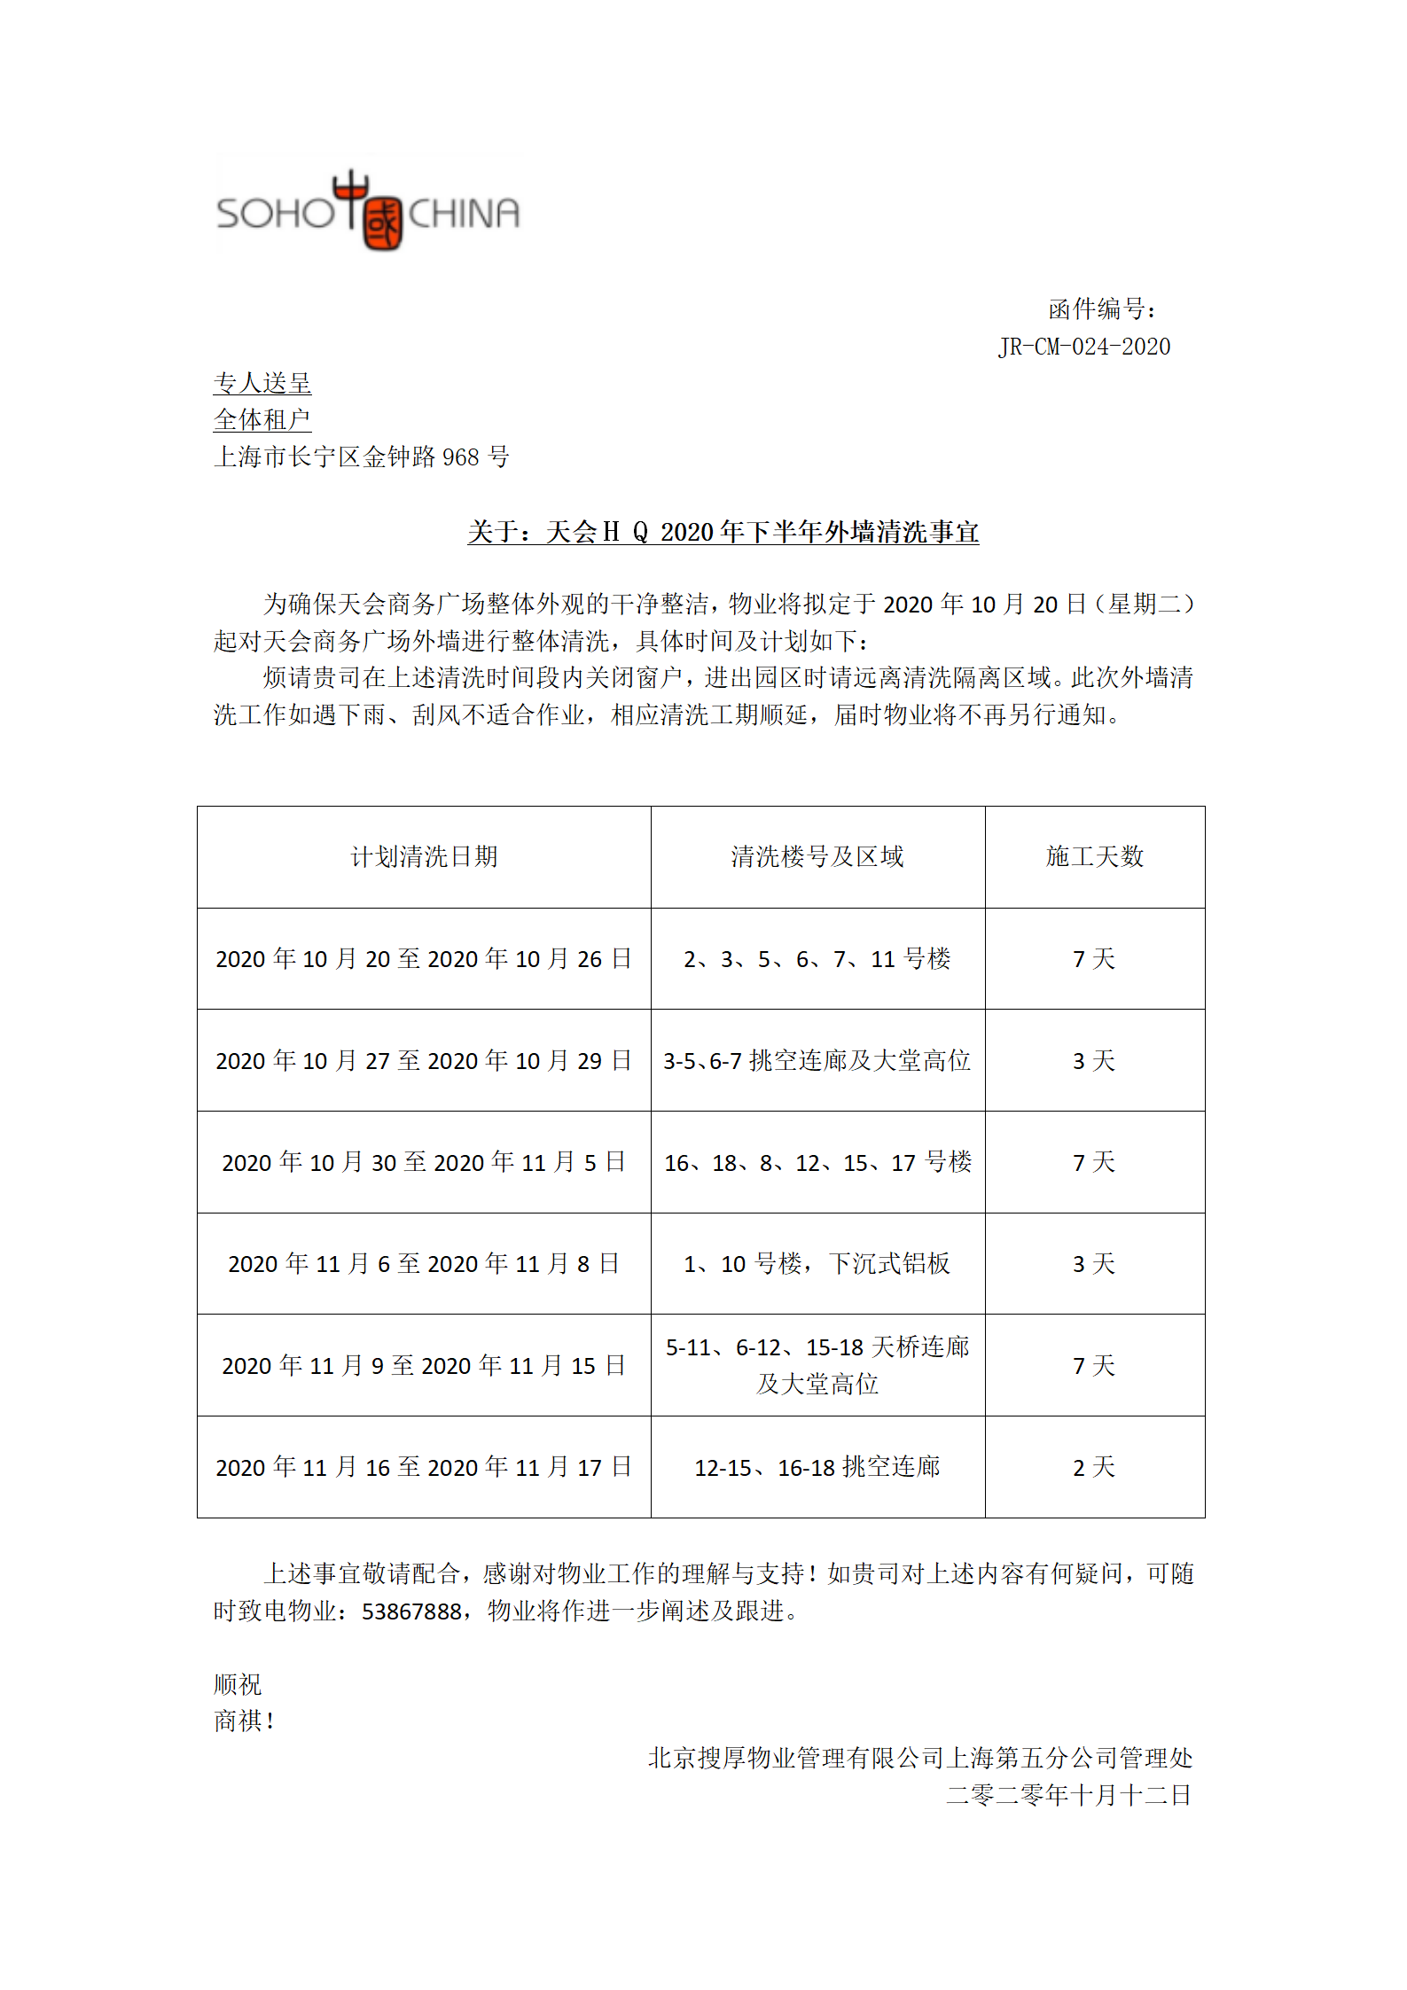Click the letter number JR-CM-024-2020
pos(1083,347)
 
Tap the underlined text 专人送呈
pos(262,383)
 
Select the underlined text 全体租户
pos(262,419)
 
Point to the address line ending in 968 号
pos(361,457)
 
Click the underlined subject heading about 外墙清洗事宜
pos(723,532)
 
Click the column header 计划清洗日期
pos(424,856)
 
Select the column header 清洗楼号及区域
pos(817,856)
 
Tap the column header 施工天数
pos(1094,856)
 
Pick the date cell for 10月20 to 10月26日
pos(424,958)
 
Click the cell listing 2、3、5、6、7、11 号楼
pos(817,958)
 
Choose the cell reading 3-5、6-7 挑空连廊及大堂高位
pos(817,1060)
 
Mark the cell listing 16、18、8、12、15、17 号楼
pos(817,1162)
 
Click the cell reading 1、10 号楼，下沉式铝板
pos(817,1263)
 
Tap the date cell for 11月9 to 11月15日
pos(424,1365)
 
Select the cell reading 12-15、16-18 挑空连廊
pos(817,1467)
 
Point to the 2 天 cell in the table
pos(1094,1467)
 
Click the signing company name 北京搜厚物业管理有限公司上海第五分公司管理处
pos(919,1758)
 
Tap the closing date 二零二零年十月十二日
pos(1068,1795)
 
